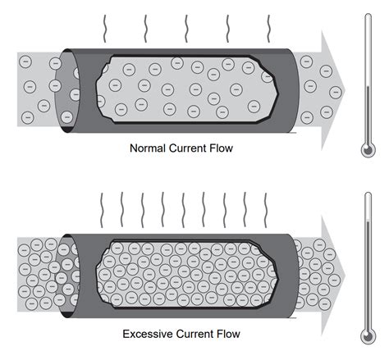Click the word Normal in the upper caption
(148, 148)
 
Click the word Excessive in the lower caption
(147, 334)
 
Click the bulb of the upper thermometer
(368, 150)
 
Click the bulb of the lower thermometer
(368, 337)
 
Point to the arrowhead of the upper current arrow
(333, 90)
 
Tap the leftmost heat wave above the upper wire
(104, 29)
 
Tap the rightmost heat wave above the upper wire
(268, 29)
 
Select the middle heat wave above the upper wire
(186, 29)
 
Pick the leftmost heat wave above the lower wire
(102, 210)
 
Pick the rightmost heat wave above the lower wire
(265, 210)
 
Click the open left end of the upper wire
(66, 90)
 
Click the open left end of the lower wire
(66, 276)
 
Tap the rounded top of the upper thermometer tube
(368, 15)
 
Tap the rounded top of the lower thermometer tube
(368, 194)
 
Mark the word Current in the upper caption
(188, 148)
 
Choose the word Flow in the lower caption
(228, 334)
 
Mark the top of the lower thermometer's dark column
(368, 221)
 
